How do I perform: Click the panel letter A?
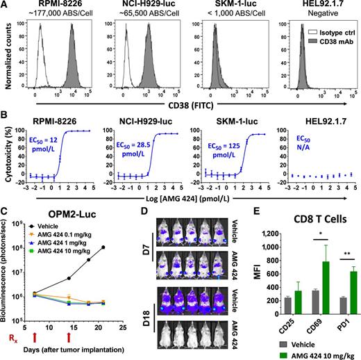6,6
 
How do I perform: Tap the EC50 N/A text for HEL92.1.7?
294,136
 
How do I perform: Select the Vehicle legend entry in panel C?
58,236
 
